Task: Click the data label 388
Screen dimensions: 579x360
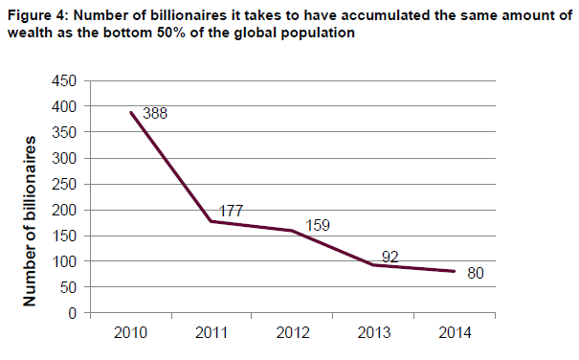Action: click(155, 114)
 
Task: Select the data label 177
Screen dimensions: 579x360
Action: click(232, 211)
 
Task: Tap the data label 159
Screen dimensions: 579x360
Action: click(318, 225)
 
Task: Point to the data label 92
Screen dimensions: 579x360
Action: click(390, 257)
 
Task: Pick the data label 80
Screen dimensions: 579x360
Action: click(476, 273)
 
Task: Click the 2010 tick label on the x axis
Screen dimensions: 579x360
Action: click(130, 332)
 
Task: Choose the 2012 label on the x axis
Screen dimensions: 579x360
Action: click(293, 332)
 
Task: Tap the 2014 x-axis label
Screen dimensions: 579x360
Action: click(455, 332)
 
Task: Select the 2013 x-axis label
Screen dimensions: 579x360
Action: click(373, 332)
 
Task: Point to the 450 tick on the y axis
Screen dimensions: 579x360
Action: click(64, 80)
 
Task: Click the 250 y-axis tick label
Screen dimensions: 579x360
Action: click(64, 184)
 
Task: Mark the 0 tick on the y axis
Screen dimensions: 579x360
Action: click(72, 313)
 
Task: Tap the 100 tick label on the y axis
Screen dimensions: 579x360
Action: click(64, 261)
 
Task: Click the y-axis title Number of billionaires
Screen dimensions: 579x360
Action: click(30, 221)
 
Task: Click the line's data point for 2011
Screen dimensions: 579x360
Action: click(212, 221)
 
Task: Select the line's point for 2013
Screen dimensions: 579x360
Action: click(373, 265)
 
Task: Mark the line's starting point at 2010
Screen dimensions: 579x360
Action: click(131, 112)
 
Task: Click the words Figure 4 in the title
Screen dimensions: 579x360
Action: click(38, 16)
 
